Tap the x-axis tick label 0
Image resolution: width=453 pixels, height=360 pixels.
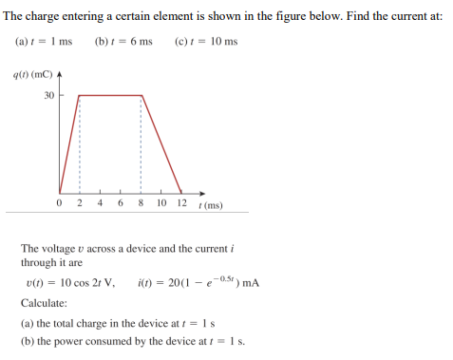click(x=60, y=203)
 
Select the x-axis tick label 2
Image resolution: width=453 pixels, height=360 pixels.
click(x=79, y=203)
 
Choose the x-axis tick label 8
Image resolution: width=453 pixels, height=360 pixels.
click(x=141, y=203)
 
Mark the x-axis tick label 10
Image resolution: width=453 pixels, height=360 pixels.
click(x=160, y=203)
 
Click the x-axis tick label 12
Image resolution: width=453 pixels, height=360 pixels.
click(x=182, y=203)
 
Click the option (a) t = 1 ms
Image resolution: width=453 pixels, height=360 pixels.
click(x=44, y=42)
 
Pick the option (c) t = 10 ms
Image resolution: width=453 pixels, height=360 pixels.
click(x=207, y=42)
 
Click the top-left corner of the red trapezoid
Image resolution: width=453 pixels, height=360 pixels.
click(x=77, y=95)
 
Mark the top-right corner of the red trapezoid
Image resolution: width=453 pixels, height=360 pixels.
click(x=142, y=95)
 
